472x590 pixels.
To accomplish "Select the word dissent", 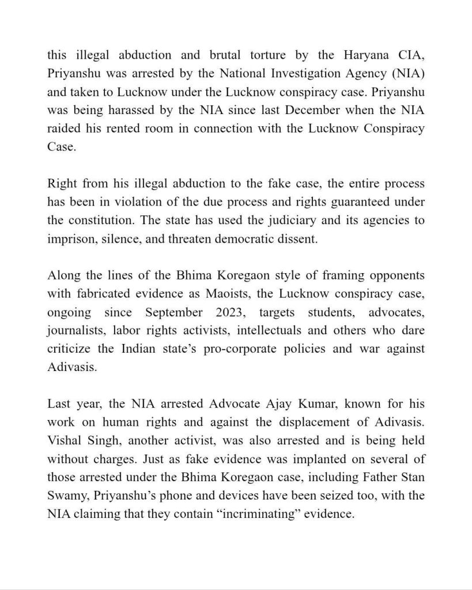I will coord(296,239).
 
